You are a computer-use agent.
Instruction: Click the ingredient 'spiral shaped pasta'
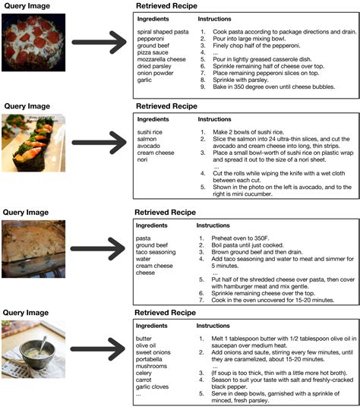[x=160, y=32]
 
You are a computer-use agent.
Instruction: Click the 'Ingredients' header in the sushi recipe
[x=154, y=119]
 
